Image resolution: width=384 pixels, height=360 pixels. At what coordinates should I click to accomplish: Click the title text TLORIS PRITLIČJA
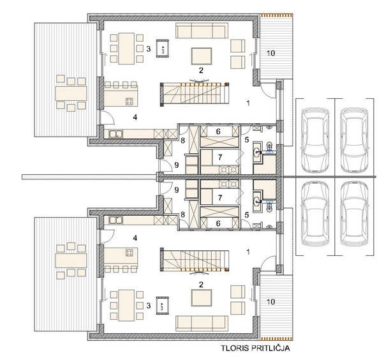coord(256,348)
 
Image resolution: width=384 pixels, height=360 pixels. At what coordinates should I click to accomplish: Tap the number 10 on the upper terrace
coord(270,53)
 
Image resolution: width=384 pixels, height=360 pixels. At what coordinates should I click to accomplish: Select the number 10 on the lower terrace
coord(270,302)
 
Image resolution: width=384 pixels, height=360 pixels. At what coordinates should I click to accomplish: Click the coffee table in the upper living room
coord(202,56)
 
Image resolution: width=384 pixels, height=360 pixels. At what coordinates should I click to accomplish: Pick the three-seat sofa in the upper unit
coord(202,31)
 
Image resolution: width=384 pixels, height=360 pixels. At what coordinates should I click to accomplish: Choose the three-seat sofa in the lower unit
coord(202,324)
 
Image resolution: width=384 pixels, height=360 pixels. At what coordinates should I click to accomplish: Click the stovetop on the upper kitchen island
coord(129,101)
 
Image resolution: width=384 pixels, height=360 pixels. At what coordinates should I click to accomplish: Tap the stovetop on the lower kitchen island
coord(129,252)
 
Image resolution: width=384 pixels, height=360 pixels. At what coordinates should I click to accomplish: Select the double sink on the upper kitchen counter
coord(116,134)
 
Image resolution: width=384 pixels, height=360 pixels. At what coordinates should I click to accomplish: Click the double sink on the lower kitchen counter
coord(116,220)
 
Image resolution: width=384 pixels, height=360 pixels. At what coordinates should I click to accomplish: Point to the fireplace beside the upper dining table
coord(163,49)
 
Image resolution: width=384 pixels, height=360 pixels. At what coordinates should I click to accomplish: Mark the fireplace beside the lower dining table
coord(163,305)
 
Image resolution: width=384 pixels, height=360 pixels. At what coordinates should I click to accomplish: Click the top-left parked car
coord(315,140)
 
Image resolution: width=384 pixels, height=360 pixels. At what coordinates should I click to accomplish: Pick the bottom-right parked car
coord(355,214)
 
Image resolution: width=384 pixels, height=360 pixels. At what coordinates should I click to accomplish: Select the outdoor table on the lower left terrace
coord(71,260)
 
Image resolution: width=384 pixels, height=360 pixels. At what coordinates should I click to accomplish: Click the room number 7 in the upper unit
coord(220,157)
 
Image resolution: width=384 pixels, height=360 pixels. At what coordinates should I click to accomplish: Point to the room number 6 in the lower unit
coord(218,223)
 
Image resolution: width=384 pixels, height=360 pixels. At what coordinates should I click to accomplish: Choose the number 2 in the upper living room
coord(201,70)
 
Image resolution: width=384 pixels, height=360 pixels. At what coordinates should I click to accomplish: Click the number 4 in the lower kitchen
coord(135,237)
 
